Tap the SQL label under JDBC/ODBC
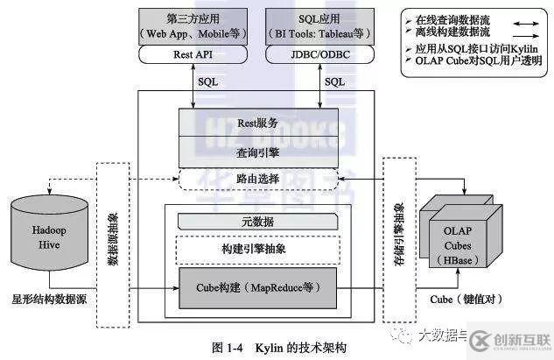tap(334, 81)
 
